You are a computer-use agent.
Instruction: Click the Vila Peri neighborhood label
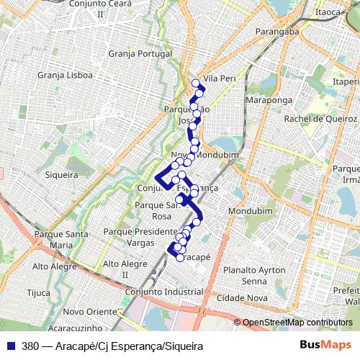pos(220,77)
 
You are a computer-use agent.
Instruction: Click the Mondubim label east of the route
pos(248,211)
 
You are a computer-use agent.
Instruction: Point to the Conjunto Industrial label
pos(164,292)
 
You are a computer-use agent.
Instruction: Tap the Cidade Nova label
pos(247,297)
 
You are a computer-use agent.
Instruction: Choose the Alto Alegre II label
pos(125,269)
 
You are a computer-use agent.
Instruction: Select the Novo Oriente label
pos(89,311)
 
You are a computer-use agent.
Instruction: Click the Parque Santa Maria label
pos(60,239)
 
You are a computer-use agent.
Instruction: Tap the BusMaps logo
pos(325,345)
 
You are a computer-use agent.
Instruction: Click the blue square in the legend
pos(12,346)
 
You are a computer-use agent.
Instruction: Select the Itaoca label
pos(328,12)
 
